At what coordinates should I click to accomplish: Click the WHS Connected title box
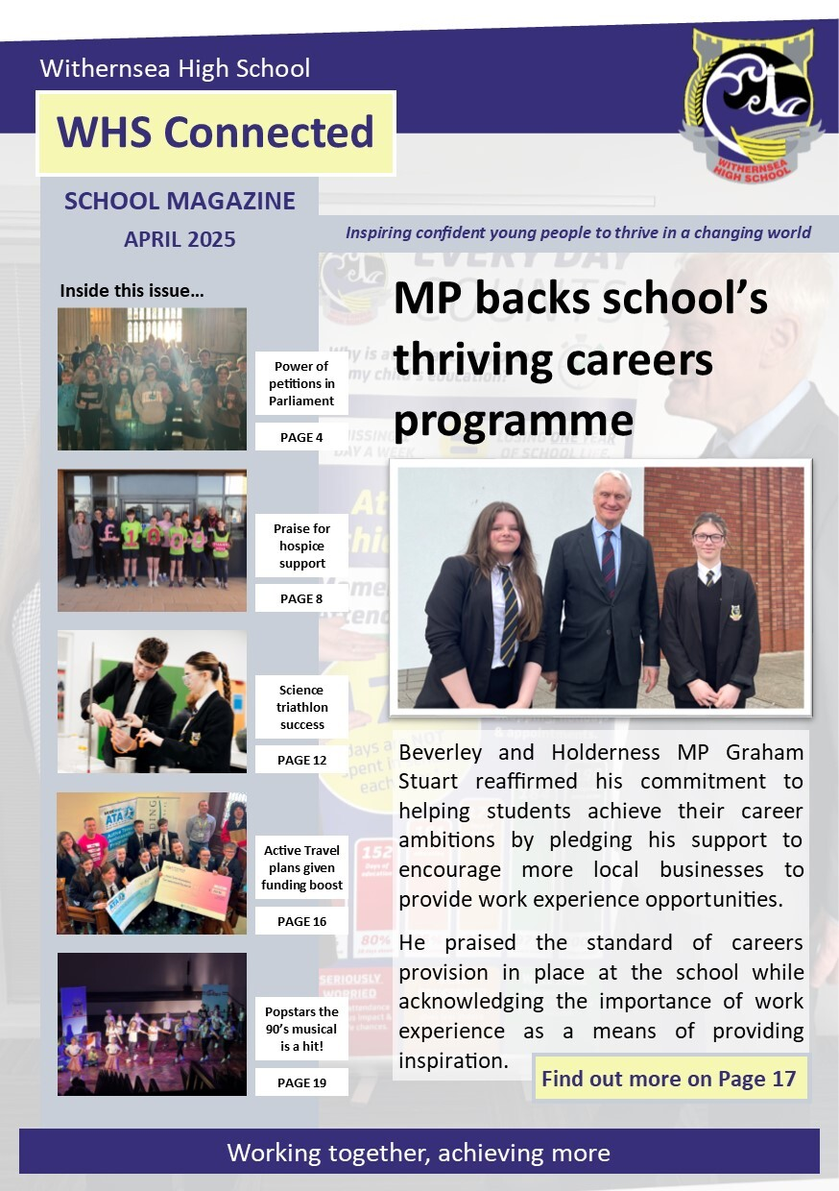215,133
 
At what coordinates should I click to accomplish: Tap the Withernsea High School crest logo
752,106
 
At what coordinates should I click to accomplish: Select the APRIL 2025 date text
180,239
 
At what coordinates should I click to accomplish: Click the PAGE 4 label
300,437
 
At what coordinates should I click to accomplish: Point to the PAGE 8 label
300,598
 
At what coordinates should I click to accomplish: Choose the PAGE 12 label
300,760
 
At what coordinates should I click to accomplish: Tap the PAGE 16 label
300,921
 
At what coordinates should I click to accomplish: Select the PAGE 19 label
300,1082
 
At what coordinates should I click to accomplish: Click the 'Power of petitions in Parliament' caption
301,383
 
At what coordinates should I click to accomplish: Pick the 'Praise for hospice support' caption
301,546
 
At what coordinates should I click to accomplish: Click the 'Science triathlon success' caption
301,707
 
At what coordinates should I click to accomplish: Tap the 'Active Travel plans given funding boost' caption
301,867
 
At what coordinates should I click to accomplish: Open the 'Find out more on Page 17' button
669,1078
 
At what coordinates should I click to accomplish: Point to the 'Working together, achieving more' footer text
419,1152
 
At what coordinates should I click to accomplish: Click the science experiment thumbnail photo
152,701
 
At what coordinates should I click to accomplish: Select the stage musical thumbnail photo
152,1024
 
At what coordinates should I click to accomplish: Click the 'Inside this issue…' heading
132,290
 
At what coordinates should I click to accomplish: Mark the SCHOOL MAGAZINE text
180,201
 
